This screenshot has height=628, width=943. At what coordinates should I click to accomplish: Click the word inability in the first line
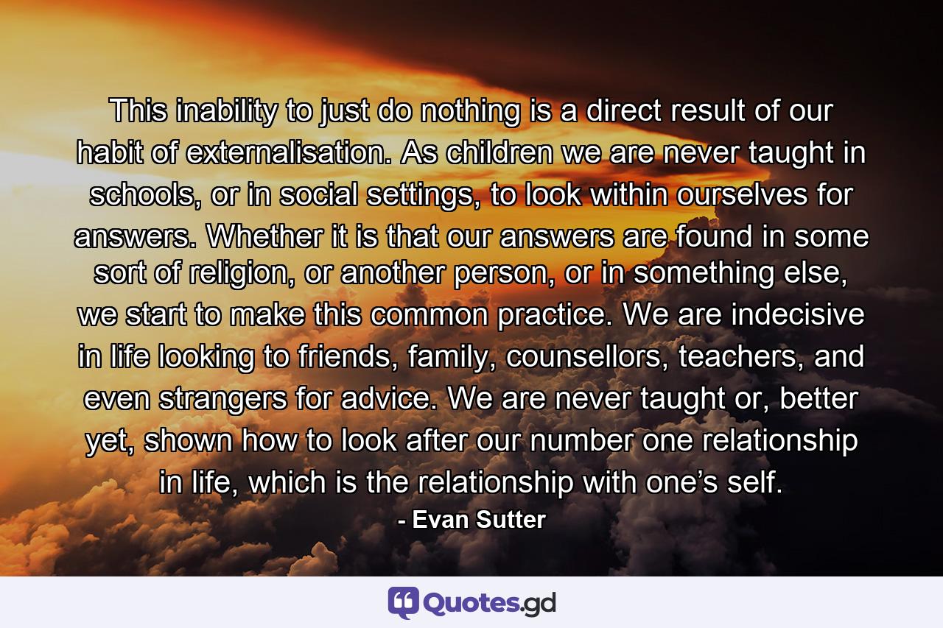(222, 112)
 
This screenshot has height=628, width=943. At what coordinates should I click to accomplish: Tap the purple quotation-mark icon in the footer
(404, 603)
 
